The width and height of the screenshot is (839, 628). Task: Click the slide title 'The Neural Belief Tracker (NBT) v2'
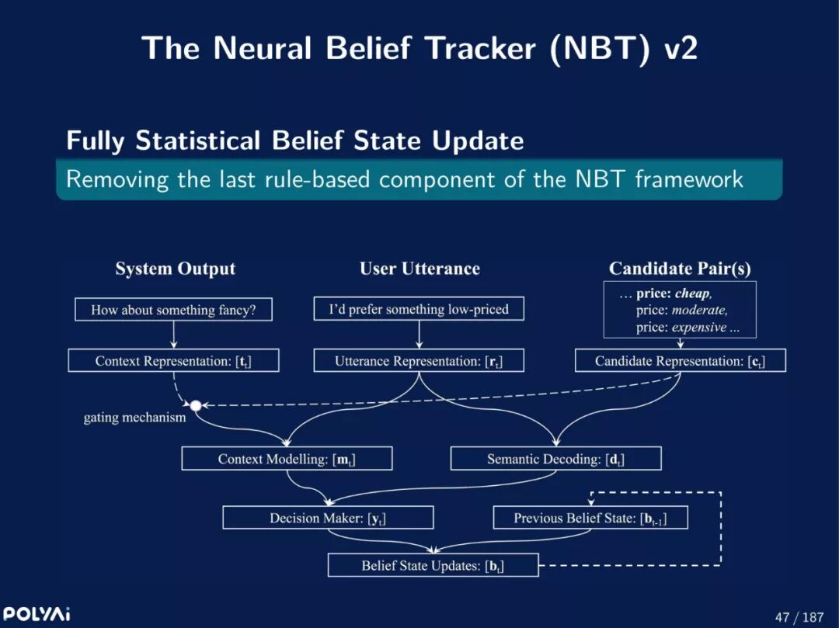[419, 48]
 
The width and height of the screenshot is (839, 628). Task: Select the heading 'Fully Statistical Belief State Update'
[294, 141]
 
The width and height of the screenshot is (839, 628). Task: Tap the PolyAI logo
[37, 614]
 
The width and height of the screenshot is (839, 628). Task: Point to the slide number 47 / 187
[799, 617]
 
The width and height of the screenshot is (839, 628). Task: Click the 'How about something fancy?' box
[173, 310]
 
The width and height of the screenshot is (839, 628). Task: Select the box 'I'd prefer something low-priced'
[419, 309]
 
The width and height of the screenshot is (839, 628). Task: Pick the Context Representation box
[173, 361]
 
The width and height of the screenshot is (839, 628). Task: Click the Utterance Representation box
[419, 361]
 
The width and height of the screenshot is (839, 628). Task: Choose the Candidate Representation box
[680, 361]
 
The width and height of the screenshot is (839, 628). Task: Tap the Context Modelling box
[287, 459]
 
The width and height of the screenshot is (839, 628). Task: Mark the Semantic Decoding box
[555, 459]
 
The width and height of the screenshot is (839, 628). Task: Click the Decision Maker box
[328, 518]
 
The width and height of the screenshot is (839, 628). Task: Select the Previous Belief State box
[590, 518]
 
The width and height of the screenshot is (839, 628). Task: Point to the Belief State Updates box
[433, 565]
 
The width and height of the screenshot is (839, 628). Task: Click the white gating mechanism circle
[196, 405]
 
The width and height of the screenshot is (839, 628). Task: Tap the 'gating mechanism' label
[134, 418]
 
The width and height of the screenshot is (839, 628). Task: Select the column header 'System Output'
[175, 269]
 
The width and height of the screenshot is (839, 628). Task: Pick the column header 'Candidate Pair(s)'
[680, 269]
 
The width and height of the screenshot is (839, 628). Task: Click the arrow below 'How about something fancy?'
[173, 335]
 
